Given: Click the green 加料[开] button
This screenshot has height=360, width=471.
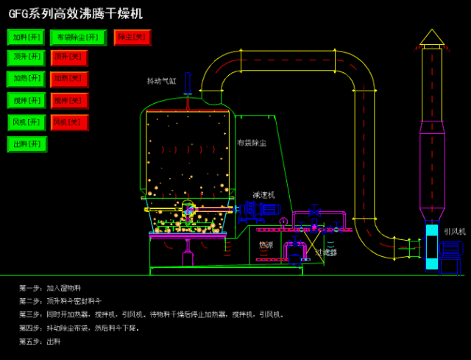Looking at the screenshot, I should [x=26, y=38].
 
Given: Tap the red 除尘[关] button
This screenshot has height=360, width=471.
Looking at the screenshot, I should [x=132, y=38].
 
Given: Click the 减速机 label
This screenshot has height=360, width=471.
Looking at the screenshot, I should [x=263, y=195].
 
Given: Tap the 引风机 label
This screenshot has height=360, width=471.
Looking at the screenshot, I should [x=454, y=231].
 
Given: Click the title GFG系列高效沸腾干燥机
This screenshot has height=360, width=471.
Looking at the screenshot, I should [x=76, y=14].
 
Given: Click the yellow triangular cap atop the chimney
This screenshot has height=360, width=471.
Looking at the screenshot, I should [x=432, y=37].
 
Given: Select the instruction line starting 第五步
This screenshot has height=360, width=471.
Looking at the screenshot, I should [x=40, y=342].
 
